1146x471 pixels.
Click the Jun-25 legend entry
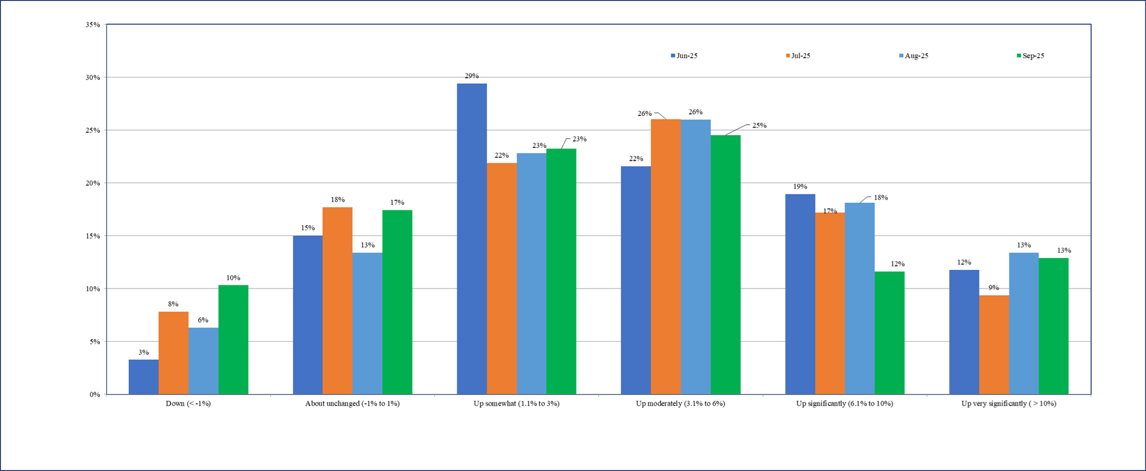(x=684, y=56)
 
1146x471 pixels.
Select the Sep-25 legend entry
(x=1030, y=56)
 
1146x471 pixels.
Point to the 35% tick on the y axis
(x=93, y=25)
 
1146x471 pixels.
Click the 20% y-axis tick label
(x=93, y=183)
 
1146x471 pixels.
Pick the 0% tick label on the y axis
(x=95, y=394)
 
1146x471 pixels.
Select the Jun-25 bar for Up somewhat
(x=471, y=239)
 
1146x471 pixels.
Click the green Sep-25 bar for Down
(x=233, y=339)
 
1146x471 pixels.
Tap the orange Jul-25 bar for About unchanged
(x=338, y=301)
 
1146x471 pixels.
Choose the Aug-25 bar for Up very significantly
(x=1024, y=323)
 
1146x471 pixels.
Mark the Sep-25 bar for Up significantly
(x=890, y=333)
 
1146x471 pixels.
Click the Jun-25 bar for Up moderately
(x=635, y=280)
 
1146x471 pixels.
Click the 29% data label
(x=471, y=76)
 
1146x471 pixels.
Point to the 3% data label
(x=143, y=353)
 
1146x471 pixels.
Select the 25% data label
(x=759, y=125)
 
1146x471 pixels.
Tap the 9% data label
(x=994, y=288)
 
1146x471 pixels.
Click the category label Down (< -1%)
(x=188, y=404)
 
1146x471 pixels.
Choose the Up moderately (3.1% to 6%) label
(x=680, y=404)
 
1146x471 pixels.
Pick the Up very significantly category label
(x=1008, y=404)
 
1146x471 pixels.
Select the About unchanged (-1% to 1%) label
(x=352, y=404)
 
